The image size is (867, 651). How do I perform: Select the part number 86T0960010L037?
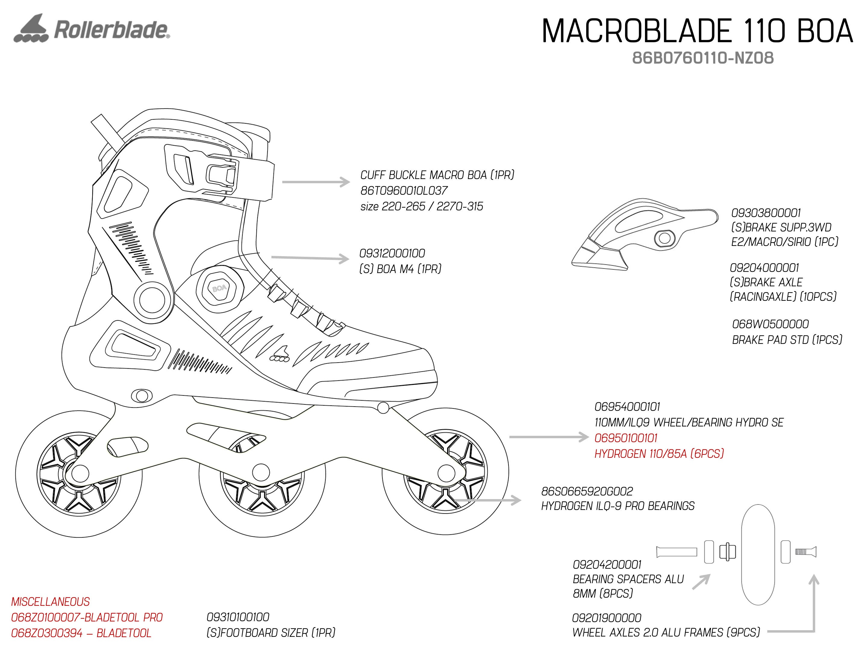pos(404,190)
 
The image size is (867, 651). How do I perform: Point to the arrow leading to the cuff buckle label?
pos(315,182)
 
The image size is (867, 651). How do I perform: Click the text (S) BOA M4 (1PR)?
pos(400,269)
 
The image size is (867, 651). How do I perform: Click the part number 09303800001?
pos(766,213)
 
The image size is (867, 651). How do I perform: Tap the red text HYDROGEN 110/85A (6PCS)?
pos(659,454)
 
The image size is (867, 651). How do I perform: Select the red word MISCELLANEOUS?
pos(51,602)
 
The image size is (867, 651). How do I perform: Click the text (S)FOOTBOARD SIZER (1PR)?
pos(271,633)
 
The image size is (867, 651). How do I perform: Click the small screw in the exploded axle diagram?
pos(806,552)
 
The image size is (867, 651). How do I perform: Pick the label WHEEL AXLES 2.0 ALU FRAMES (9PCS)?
pos(666,633)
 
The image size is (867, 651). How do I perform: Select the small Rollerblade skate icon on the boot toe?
pos(280,354)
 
